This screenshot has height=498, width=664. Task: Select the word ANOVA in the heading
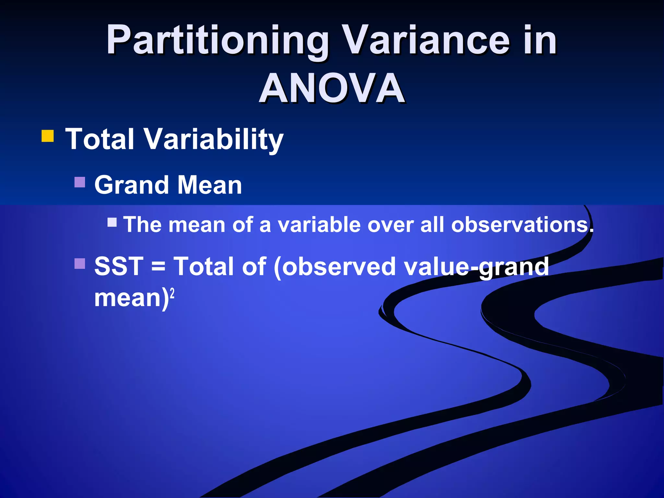pos(332,88)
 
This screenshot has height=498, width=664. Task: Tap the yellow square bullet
pos(48,136)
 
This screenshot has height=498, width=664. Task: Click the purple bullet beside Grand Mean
pos(80,182)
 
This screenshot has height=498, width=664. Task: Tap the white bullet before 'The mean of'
pos(112,222)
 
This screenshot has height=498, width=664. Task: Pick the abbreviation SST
pos(119,267)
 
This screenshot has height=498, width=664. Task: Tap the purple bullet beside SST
pos(80,264)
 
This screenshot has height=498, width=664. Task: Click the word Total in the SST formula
pos(204,267)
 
